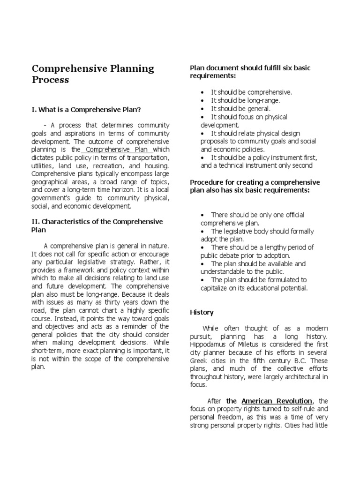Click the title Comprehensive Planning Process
click(93, 74)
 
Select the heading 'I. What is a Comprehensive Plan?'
click(87, 110)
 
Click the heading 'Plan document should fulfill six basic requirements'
click(250, 72)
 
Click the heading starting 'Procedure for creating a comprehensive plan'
click(255, 186)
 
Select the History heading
click(202, 312)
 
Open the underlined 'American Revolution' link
click(277, 401)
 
